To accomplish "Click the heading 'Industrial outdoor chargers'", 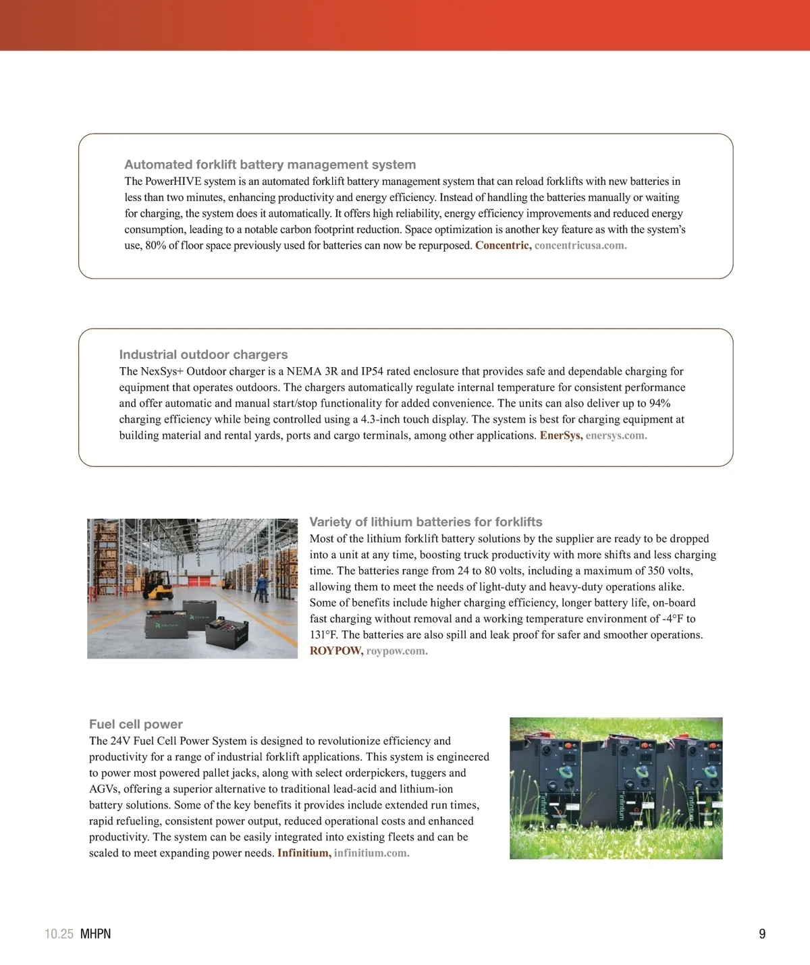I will point(203,354).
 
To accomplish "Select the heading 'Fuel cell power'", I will point(136,724).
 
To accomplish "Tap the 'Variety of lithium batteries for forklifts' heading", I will point(425,522).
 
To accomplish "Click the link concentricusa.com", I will point(580,246).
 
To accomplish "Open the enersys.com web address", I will point(616,436).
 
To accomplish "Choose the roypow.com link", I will point(397,651).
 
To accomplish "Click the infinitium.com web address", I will point(371,853).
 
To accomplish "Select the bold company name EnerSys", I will point(561,436).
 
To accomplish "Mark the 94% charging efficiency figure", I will point(659,404).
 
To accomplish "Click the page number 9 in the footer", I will point(762,934).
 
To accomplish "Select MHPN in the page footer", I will point(95,934).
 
